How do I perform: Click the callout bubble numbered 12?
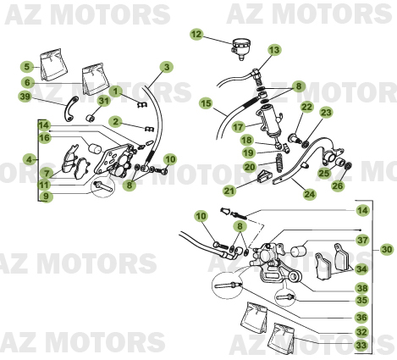coord(196,35)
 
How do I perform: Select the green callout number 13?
coord(274,51)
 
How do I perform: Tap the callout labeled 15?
coord(205,103)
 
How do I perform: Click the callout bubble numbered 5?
coord(27,66)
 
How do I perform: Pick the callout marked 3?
coord(166,67)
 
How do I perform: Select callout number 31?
coord(104,101)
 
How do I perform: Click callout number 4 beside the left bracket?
coord(30,158)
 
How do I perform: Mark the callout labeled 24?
coord(309,194)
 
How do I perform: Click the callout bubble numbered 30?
coord(387,250)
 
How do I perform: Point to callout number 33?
coord(361,346)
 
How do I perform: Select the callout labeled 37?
coord(361,241)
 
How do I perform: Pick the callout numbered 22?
coord(306,108)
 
